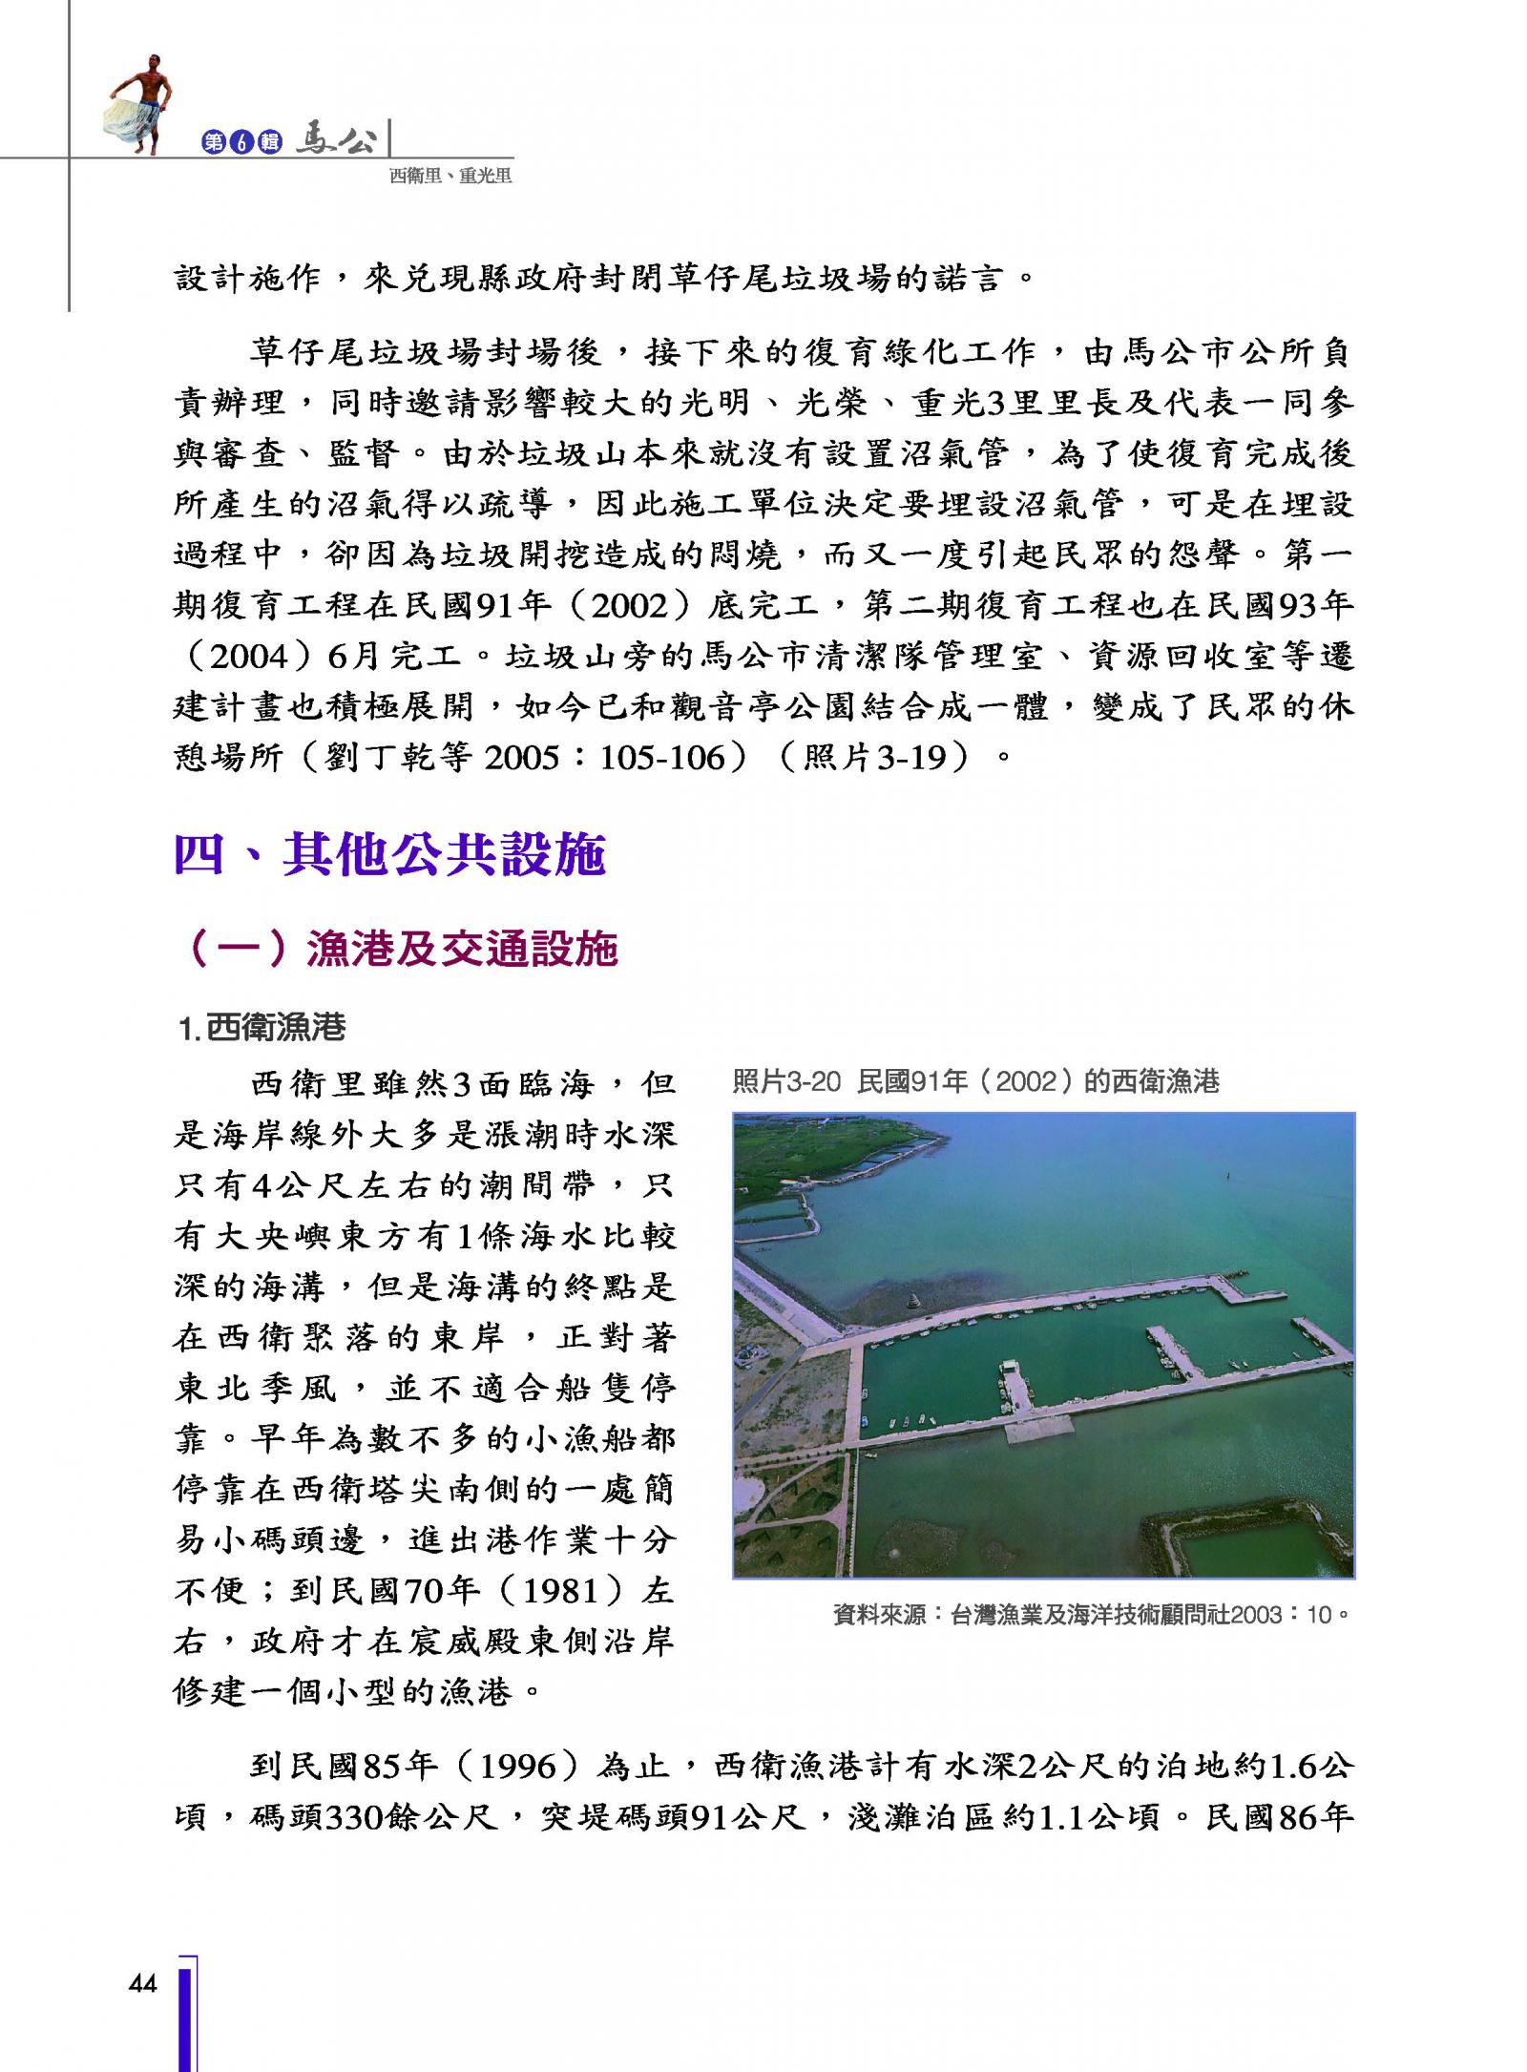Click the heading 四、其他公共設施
click(389, 854)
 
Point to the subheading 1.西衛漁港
click(262, 1028)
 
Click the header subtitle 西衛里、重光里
click(450, 176)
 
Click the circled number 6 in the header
click(242, 143)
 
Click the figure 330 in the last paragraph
click(362, 1817)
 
